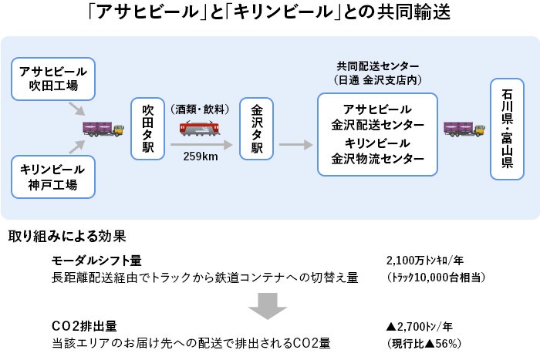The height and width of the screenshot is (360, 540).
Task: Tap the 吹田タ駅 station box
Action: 148,128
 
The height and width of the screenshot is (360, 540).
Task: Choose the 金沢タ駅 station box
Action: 257,128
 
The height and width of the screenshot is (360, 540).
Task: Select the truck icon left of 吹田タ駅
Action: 101,128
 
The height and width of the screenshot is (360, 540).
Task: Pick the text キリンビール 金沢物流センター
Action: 377,152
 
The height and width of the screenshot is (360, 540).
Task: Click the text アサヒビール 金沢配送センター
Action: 377,117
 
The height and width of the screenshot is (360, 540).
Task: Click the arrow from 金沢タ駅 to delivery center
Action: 295,144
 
